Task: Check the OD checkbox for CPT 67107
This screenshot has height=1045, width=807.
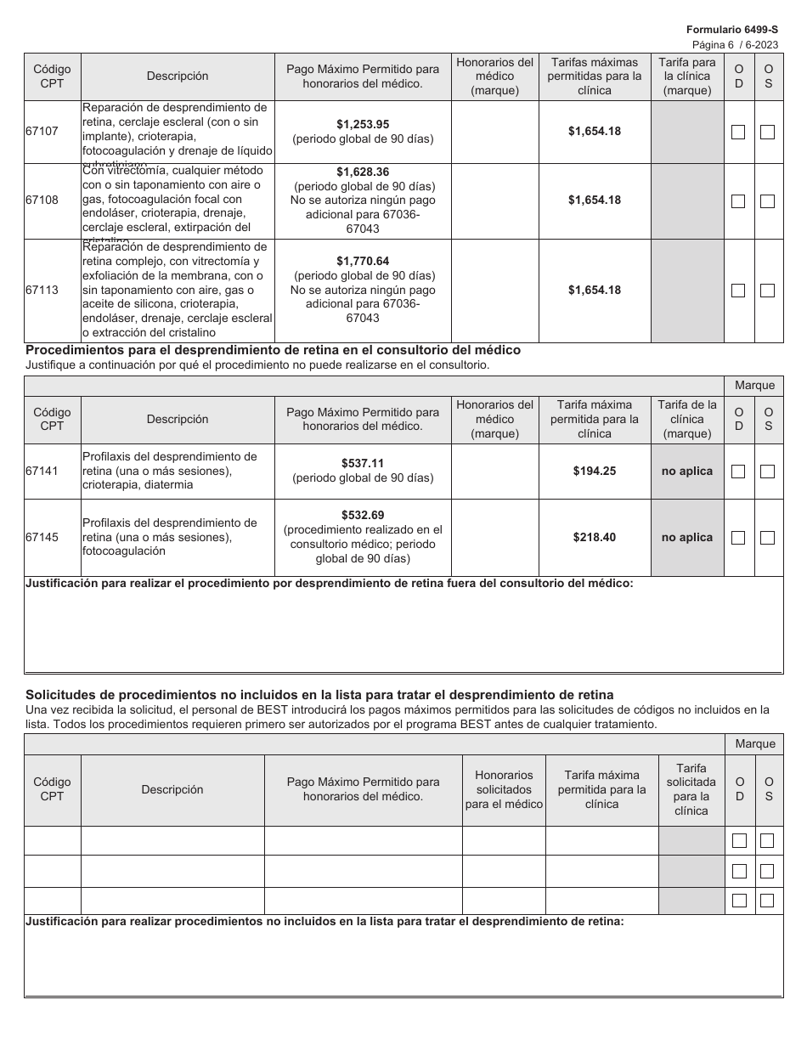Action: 738,132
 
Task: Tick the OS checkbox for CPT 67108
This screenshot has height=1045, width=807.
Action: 767,201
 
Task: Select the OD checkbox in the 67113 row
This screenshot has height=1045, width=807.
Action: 738,291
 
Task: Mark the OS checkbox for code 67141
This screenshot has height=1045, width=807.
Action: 767,472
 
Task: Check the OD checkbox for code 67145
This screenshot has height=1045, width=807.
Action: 738,538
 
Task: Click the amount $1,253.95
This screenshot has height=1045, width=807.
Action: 363,124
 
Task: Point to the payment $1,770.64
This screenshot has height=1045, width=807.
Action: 363,261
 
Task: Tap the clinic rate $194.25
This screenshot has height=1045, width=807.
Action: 594,471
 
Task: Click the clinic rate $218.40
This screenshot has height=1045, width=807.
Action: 594,537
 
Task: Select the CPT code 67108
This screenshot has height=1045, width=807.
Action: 42,201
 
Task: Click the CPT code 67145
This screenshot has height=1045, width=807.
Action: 42,537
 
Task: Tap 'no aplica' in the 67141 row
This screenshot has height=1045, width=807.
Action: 687,471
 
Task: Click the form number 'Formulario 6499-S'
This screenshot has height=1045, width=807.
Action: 732,29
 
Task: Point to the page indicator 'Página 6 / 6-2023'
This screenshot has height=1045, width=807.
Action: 734,44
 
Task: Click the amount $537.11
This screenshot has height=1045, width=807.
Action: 363,463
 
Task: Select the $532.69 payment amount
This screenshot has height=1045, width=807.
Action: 363,515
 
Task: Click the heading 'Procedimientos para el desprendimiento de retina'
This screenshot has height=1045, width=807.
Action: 274,350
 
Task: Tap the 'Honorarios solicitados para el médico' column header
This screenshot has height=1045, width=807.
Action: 504,789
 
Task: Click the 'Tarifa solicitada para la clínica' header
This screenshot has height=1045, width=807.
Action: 691,789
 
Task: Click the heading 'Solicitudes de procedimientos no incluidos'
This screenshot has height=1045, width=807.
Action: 319,694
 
